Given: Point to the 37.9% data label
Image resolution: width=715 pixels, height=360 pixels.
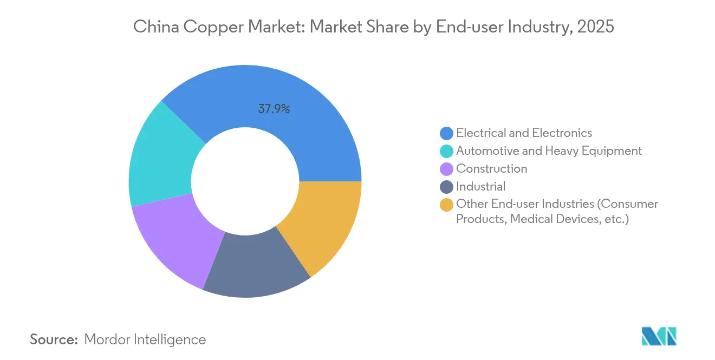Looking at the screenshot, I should click(x=274, y=109).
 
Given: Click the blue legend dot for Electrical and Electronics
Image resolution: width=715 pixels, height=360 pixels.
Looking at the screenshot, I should click(x=446, y=133).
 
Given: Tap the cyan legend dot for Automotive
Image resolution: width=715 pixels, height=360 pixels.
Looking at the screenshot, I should click(x=446, y=151).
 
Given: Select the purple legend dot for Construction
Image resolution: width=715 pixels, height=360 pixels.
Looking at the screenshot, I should click(x=446, y=169).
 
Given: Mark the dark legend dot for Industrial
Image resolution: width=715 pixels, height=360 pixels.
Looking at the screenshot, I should click(x=446, y=187).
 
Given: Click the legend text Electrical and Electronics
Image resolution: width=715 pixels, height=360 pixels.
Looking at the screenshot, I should click(x=524, y=133).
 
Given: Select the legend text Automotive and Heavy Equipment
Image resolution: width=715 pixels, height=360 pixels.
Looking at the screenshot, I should click(x=549, y=150).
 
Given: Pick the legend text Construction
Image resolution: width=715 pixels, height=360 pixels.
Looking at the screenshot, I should click(x=491, y=168).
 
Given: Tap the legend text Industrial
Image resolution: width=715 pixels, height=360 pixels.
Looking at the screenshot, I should click(x=480, y=186).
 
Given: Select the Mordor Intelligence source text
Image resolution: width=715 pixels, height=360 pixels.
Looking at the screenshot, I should click(x=145, y=339).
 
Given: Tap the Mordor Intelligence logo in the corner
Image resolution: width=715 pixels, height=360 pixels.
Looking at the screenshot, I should click(x=659, y=336).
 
